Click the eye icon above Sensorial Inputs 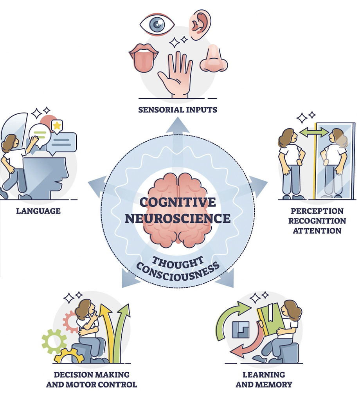tap(157, 24)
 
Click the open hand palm tap(176, 74)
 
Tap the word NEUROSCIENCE tap(178, 218)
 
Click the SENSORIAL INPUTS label tap(178, 110)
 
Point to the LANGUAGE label tap(38, 211)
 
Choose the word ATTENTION tap(317, 231)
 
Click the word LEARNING tap(264, 375)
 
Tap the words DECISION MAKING tap(92, 375)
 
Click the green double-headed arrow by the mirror tap(314, 133)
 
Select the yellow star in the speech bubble tap(57, 126)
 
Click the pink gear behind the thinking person tap(72, 321)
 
